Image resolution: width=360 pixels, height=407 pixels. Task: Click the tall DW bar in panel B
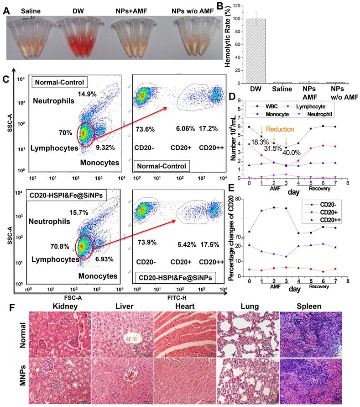(259, 50)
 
